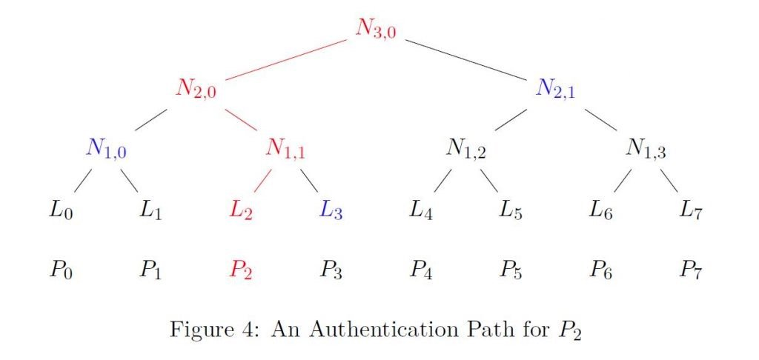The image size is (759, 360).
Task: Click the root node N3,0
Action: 376,30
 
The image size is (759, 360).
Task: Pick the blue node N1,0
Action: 106,150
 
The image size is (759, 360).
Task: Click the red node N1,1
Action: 285,150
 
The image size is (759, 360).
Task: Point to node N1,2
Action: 465,150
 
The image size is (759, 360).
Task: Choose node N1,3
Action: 646,150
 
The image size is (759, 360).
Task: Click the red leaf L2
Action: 241,210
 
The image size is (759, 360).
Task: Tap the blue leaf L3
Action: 331,210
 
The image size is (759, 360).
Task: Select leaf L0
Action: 61,210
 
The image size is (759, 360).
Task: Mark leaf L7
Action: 690,210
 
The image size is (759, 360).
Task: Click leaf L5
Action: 511,210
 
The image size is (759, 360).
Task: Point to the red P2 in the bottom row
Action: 241,270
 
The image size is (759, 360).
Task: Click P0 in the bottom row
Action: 61,270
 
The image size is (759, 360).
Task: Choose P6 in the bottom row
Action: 600,270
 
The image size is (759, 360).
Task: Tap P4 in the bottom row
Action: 421,270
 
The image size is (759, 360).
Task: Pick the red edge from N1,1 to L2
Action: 262,180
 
